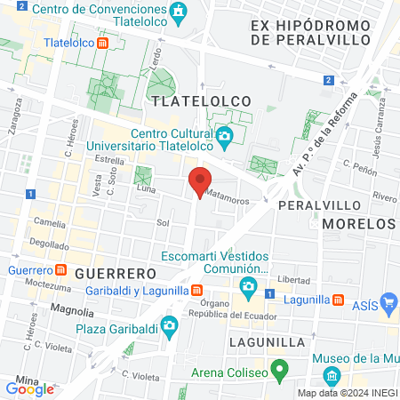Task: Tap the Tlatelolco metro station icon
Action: point(103,42)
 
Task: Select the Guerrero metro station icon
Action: point(60,270)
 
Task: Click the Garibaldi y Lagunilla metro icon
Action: point(196,290)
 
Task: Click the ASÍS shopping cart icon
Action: point(388,302)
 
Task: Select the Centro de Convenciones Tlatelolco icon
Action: point(180,11)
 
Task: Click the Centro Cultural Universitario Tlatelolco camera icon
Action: point(224,136)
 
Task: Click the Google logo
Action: point(29,388)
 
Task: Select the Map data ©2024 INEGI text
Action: point(347,393)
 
